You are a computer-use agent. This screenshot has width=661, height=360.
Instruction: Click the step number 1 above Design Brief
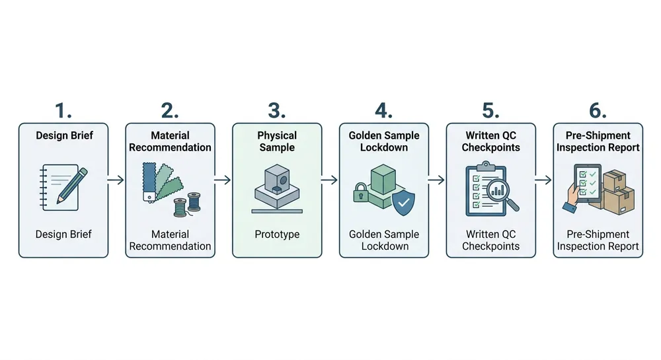63,110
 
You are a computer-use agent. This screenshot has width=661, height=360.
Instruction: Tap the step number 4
383,110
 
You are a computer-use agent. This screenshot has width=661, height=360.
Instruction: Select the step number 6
598,110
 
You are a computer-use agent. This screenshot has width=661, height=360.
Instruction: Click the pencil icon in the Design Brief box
72,184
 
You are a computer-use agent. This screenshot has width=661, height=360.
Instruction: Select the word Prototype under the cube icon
277,234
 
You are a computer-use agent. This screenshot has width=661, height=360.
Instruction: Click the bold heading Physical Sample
277,141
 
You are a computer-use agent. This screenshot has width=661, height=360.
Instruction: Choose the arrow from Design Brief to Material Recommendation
116,179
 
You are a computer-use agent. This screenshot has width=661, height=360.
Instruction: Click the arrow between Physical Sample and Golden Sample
330,179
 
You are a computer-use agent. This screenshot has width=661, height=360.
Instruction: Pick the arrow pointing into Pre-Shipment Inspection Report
544,179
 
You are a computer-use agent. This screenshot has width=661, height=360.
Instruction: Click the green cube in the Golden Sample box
384,179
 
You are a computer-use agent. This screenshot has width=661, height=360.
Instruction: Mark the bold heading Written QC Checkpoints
490,141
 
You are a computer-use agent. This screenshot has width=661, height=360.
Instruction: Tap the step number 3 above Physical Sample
277,110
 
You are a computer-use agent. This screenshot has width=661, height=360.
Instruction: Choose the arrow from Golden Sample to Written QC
437,179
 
